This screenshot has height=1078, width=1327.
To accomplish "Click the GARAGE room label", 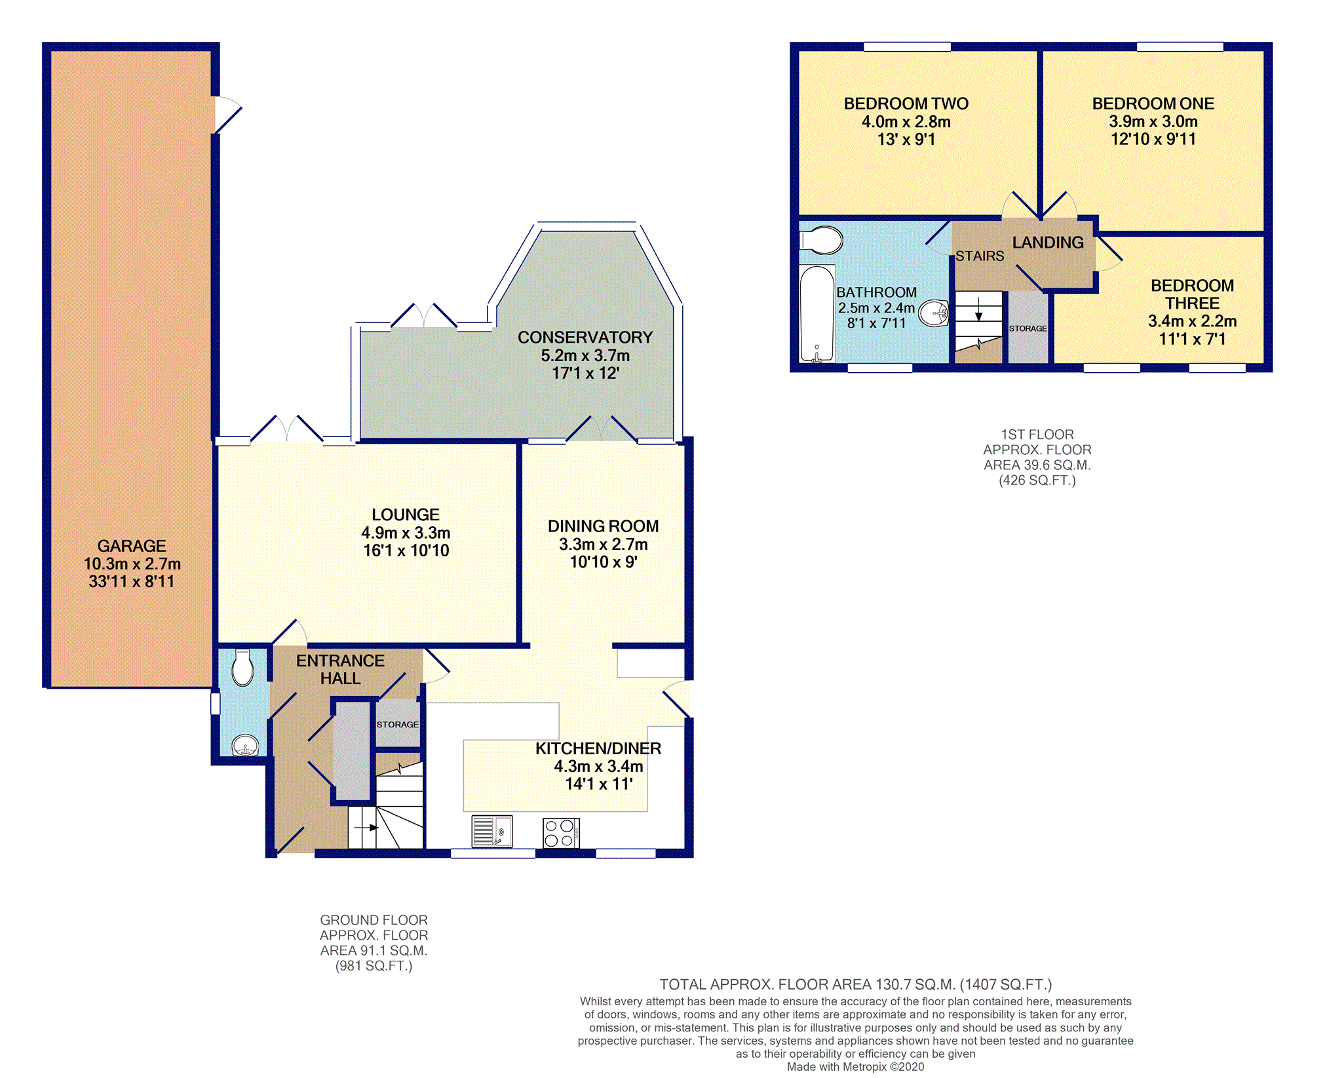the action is point(131,546).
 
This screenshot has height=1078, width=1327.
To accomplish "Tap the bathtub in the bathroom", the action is point(817,313).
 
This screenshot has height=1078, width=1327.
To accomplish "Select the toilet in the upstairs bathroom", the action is point(820,241).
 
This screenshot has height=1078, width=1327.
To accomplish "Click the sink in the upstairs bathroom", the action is point(934,313).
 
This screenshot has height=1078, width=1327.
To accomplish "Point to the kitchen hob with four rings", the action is point(561,833).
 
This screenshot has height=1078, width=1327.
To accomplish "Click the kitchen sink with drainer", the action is point(492,832).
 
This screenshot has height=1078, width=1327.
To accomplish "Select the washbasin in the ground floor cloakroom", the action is point(245,745).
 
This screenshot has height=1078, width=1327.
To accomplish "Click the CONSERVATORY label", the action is point(585,337).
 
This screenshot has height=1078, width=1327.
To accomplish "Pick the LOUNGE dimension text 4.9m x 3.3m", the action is point(406,533).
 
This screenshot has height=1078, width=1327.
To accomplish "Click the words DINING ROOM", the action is point(603,526).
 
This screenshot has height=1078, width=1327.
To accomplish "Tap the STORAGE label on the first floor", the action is point(1028,328).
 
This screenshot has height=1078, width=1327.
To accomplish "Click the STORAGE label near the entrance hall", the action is point(397,724).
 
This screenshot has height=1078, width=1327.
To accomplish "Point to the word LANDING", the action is point(1048,242).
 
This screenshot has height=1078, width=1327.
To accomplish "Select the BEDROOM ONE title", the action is point(1153,104).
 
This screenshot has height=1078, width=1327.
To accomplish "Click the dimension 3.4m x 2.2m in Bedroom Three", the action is point(1192,321).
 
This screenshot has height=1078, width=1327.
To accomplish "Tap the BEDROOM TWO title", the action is point(906,104).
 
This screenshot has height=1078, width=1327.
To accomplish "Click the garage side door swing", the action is point(228,115).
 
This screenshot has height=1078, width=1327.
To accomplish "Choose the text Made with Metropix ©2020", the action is point(855,1067).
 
